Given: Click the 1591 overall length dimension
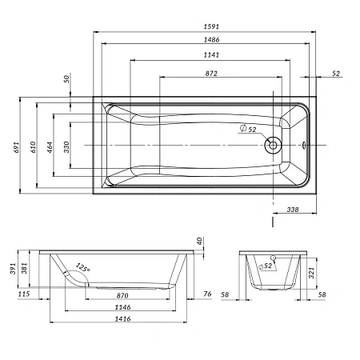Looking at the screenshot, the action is [211, 26].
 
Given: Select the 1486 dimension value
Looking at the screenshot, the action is [211, 40].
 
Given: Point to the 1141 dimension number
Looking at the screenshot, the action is [211, 55].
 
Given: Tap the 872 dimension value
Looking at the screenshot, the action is [211, 74].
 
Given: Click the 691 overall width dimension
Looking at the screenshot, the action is [17, 147].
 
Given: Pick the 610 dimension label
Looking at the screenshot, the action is [33, 147].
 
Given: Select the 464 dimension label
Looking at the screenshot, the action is [50, 147].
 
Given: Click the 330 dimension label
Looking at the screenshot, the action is [66, 147].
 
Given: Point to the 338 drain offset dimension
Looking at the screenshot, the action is [293, 210].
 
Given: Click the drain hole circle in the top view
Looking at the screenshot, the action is [273, 145].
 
